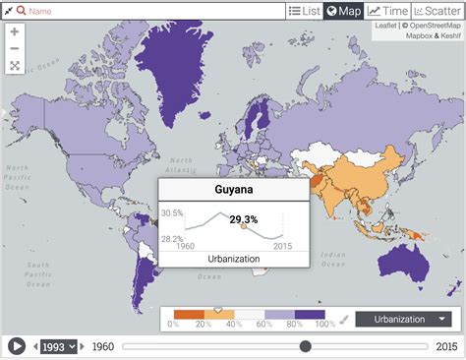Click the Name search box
[147, 11]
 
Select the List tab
[305, 11]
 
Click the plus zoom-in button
[15, 30]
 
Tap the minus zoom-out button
[15, 48]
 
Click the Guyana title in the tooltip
[234, 191]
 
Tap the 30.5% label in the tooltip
[173, 212]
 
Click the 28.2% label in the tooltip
[173, 238]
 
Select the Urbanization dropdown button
[405, 319]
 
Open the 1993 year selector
[57, 346]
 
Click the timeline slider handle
[306, 346]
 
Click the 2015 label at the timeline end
[448, 346]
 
